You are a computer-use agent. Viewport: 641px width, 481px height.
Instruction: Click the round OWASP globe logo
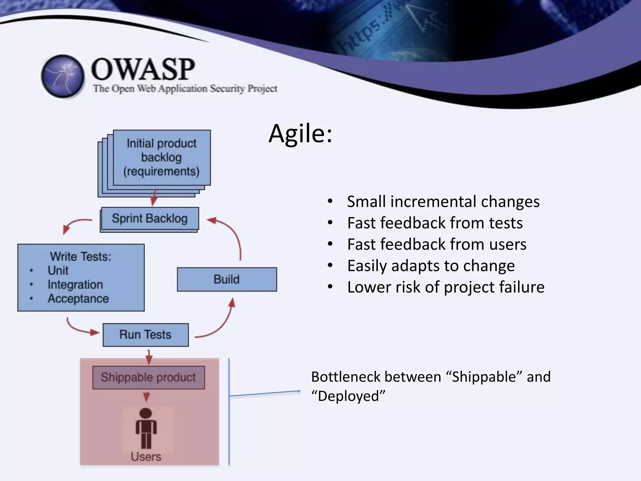click(63, 76)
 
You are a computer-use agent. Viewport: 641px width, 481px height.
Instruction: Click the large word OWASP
click(143, 70)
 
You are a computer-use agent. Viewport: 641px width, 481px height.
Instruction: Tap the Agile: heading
click(300, 134)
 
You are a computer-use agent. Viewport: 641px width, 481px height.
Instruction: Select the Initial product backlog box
click(162, 158)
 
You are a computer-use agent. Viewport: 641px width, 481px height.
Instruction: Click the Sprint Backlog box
click(150, 218)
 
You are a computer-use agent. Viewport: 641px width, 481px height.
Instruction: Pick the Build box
click(227, 279)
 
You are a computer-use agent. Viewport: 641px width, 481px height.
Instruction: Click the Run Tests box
click(146, 335)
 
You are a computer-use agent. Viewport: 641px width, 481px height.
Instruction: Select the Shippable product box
click(148, 377)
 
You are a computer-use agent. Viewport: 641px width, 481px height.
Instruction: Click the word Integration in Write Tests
click(75, 285)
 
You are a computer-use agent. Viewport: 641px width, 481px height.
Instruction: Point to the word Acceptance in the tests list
click(78, 299)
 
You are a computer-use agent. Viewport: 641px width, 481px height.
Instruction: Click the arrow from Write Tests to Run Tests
click(78, 329)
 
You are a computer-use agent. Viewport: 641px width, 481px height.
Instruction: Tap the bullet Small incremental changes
click(443, 202)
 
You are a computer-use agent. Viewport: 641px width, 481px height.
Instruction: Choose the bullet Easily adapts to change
click(431, 266)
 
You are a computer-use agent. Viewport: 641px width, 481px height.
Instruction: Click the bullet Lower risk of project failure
click(446, 287)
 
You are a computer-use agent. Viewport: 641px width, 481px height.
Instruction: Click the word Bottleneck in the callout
click(344, 377)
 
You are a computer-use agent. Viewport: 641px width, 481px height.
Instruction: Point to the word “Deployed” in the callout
click(348, 396)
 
